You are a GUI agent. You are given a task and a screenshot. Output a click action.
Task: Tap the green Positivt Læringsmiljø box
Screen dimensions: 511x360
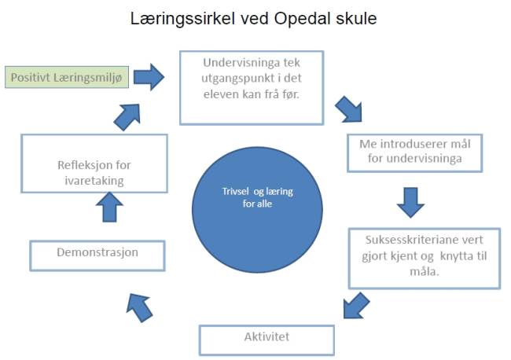pos(67,77)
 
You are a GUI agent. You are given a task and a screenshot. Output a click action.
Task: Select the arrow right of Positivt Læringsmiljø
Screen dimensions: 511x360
pos(149,77)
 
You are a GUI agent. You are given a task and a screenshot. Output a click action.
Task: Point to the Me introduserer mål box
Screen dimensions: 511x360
pos(415,152)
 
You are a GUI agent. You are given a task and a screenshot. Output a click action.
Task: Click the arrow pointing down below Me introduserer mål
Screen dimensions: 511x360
pos(410,202)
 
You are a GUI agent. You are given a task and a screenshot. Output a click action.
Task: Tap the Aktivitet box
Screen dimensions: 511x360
pos(267,340)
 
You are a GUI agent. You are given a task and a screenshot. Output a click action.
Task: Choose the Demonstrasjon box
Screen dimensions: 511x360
pos(97,255)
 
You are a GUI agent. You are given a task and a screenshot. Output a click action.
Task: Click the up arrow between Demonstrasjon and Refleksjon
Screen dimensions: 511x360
pos(109,208)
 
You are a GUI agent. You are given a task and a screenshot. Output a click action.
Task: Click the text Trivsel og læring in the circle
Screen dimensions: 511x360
pos(257,191)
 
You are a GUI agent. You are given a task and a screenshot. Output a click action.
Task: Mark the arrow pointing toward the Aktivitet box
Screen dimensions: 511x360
pos(356,306)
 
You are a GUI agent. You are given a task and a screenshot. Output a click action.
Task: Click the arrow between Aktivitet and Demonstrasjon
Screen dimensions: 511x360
pos(139,307)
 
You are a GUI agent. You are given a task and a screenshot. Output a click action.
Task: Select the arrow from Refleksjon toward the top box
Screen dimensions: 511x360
pos(127,117)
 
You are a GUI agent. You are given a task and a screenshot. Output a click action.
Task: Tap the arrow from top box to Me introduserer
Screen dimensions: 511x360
pos(349,109)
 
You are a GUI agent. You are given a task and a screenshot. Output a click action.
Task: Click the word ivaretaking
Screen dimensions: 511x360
pos(94,181)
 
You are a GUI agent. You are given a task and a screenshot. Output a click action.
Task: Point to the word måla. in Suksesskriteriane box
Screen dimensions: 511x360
pos(425,271)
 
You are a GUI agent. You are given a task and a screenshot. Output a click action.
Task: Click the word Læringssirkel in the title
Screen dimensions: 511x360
pos(182,20)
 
